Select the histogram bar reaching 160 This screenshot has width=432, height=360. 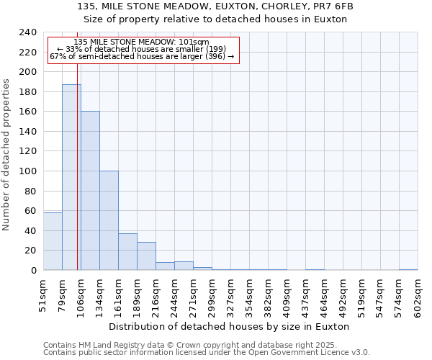pyautogui.click(x=90, y=191)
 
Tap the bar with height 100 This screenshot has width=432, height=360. pyautogui.click(x=109, y=220)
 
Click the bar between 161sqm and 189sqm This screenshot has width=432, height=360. pyautogui.click(x=127, y=252)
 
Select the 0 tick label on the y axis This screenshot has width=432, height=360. pyautogui.click(x=33, y=271)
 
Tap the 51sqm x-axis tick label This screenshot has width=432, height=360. pyautogui.click(x=43, y=295)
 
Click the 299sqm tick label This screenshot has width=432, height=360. pyautogui.click(x=212, y=295)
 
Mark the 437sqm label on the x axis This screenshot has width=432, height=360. pyautogui.click(x=305, y=295)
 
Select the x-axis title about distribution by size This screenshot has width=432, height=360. pyautogui.click(x=230, y=326)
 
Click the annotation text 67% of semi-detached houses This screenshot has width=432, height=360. pyautogui.click(x=141, y=56)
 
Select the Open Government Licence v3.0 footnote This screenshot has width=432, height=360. pyautogui.click(x=207, y=353)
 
